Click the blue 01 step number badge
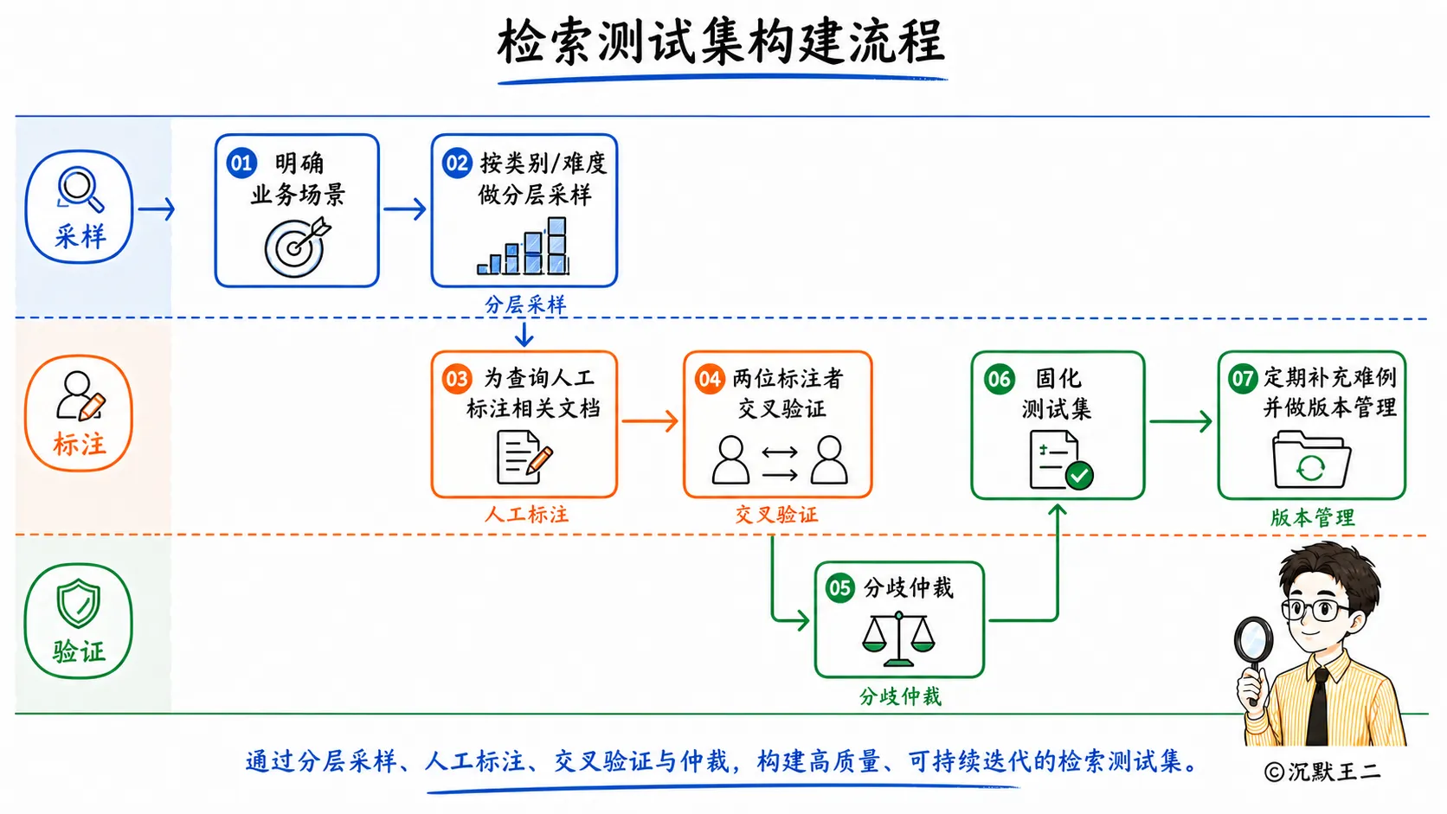(241, 163)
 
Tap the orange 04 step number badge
(710, 379)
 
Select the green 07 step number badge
(1242, 378)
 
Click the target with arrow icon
(297, 247)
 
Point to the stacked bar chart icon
(524, 246)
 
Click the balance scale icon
(898, 639)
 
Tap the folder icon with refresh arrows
(1311, 459)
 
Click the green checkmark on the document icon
(1079, 476)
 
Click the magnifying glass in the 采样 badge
(80, 189)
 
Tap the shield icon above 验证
(78, 603)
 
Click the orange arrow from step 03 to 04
(650, 421)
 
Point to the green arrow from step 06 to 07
(1180, 421)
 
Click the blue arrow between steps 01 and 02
(405, 208)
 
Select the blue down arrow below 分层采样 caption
(524, 334)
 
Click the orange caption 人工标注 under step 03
(526, 515)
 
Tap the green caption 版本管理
(1312, 517)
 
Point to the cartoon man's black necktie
(1318, 707)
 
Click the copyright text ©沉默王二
(1322, 772)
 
